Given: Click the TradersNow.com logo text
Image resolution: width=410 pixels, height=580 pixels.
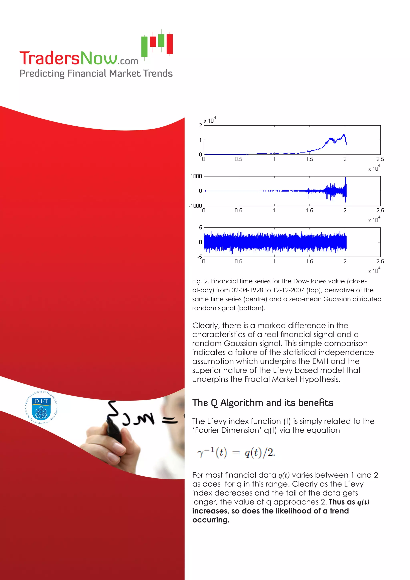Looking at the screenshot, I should (x=79, y=58).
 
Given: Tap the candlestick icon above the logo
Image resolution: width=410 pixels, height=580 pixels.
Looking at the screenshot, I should (x=157, y=44).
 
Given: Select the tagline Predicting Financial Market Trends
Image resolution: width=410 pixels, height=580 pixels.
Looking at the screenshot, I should (x=96, y=74).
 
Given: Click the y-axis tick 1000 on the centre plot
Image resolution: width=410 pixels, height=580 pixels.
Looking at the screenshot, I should (x=196, y=176).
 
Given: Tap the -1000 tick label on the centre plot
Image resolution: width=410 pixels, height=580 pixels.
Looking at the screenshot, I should (x=196, y=206).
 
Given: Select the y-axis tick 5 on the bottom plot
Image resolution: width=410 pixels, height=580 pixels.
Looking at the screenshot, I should (x=200, y=227).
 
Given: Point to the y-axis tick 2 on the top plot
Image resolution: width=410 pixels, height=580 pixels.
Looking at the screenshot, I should (x=200, y=125).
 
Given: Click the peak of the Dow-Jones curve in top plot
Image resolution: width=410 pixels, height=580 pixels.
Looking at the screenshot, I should (x=344, y=134).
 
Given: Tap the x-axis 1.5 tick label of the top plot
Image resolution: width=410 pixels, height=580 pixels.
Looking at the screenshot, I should (x=309, y=159).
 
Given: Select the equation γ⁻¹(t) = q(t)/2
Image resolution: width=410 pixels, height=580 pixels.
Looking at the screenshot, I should (x=236, y=452).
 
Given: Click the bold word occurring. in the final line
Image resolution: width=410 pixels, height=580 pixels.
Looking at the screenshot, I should (x=211, y=520).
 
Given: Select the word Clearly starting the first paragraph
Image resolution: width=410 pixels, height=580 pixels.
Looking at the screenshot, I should (x=206, y=326).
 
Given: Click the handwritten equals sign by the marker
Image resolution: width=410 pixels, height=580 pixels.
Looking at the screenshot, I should (x=169, y=420).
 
